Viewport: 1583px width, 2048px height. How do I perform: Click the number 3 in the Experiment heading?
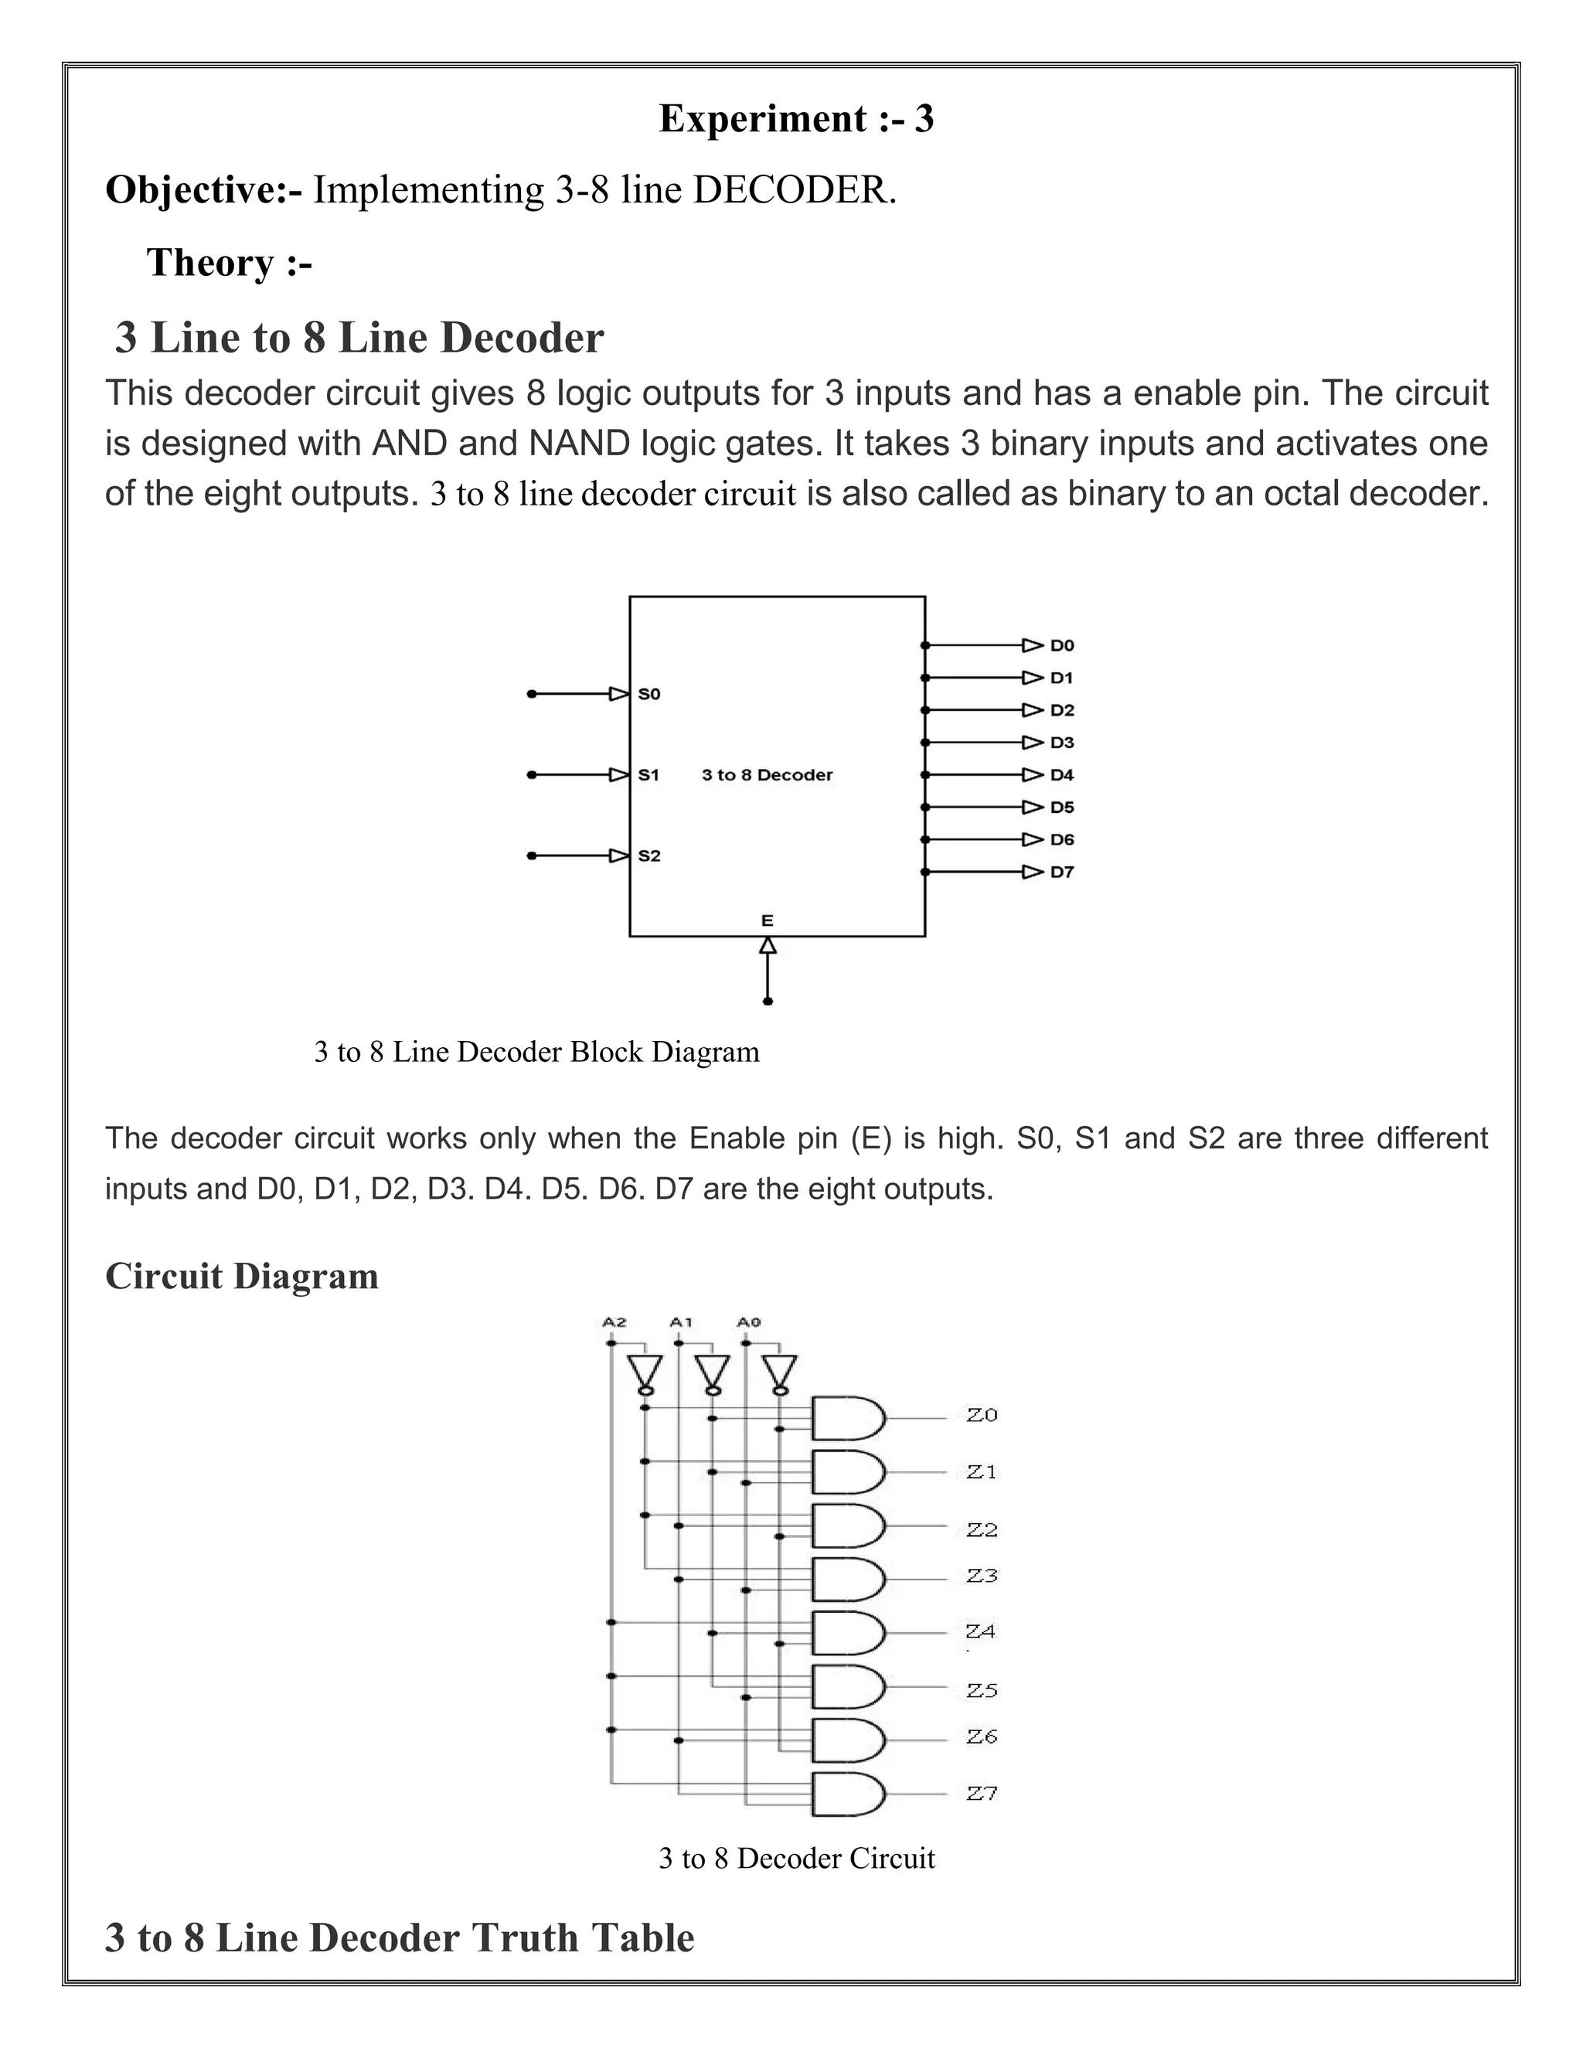point(924,120)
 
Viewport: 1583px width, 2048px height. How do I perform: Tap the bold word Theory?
point(210,264)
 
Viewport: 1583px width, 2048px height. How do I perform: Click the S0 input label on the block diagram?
point(649,694)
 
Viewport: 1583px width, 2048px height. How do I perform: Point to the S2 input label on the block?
point(649,856)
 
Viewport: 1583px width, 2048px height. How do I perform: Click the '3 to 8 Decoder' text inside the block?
point(767,774)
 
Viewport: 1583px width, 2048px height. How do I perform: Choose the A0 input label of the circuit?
point(748,1322)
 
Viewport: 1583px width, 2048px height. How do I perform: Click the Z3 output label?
point(982,1577)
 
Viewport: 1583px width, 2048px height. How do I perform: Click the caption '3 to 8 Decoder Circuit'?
point(796,1858)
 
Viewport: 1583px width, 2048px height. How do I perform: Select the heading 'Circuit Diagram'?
point(242,1276)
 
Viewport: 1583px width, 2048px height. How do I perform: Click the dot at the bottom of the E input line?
point(767,1002)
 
